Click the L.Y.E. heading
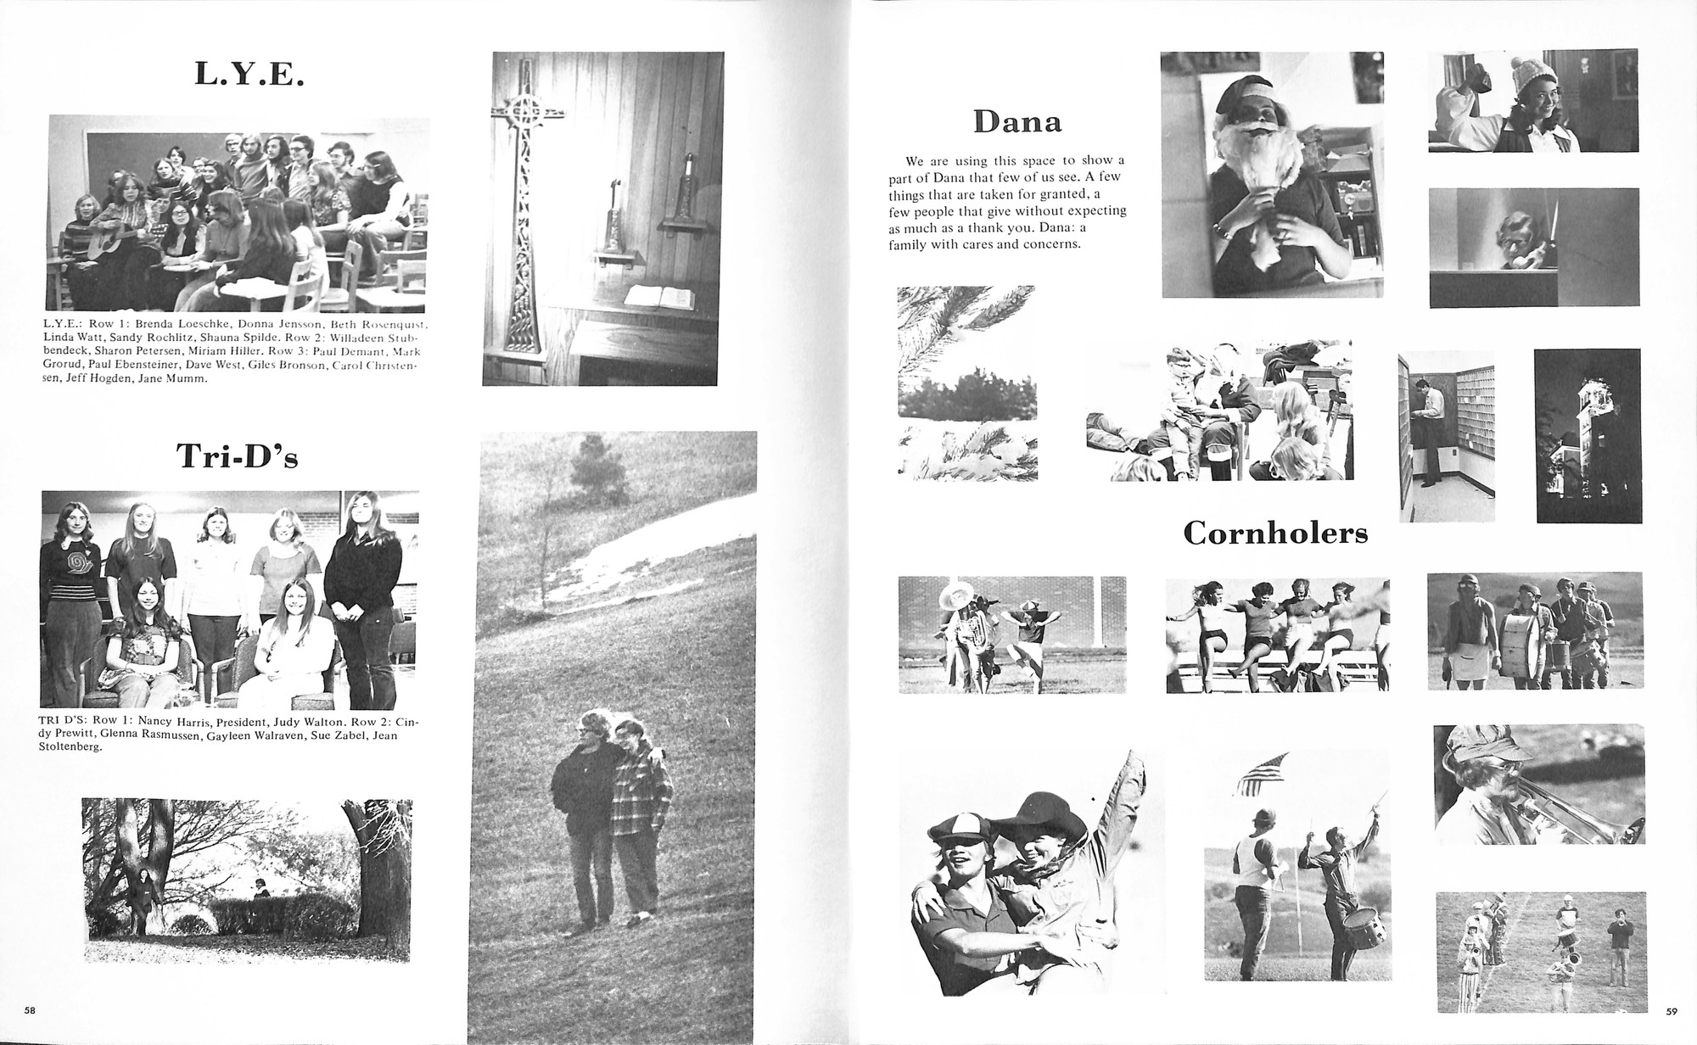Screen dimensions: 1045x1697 click(249, 75)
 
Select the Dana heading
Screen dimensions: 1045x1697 click(1017, 123)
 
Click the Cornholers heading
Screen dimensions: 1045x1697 click(1274, 534)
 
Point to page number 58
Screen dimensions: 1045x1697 click(30, 1010)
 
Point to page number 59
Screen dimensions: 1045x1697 click(1671, 1011)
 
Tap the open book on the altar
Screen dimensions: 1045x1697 click(659, 297)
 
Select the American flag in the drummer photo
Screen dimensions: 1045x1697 click(1262, 773)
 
